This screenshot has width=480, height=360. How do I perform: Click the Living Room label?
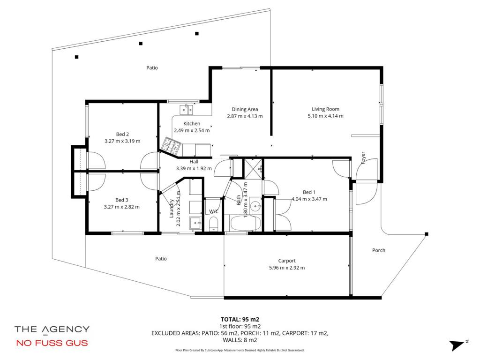[325, 109]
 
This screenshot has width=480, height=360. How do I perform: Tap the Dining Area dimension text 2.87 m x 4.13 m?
[245, 116]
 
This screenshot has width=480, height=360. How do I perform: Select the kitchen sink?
[186, 109]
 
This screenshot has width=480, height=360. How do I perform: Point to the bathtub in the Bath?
[246, 223]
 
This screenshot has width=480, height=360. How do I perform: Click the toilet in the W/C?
[213, 224]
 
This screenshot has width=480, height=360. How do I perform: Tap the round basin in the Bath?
[255, 207]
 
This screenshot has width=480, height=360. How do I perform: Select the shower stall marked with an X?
[253, 168]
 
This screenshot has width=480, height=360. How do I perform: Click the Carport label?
[287, 261]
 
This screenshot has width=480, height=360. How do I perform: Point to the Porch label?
[379, 250]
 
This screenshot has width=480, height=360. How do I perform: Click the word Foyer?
[363, 157]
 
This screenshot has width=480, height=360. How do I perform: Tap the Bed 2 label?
[122, 134]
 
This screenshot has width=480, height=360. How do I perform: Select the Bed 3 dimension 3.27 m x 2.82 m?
[122, 207]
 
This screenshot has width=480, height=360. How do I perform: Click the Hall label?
[194, 162]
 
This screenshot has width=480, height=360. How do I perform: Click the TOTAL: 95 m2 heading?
[240, 320]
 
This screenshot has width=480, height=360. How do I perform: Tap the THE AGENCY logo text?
[52, 330]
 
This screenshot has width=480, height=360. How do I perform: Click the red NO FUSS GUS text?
[52, 343]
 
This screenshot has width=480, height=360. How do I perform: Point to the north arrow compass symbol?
[458, 345]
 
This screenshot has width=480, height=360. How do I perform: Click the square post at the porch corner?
[427, 234]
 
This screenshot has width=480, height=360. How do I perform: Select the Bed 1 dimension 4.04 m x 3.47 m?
[309, 199]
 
